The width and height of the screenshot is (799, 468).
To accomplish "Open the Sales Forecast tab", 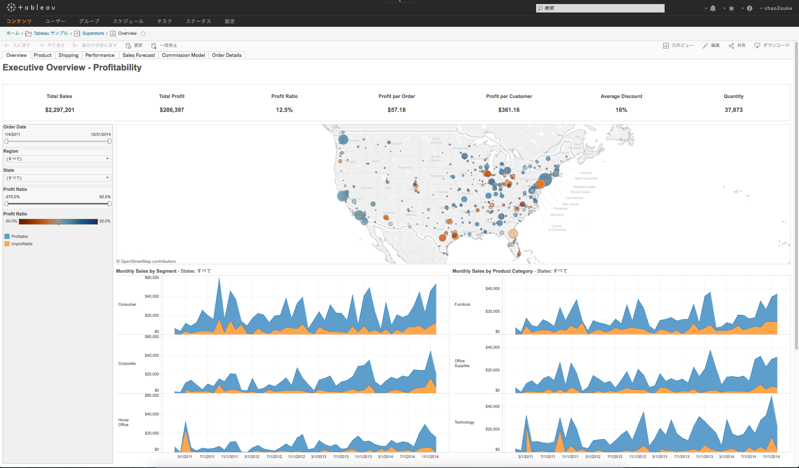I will point(138,55).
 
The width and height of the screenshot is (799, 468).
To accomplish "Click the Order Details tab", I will point(227,55).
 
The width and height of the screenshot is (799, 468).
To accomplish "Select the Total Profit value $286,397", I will point(172,110).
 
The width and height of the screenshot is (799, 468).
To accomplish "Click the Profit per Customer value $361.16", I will point(509,110).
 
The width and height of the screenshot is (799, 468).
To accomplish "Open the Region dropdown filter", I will point(57,159).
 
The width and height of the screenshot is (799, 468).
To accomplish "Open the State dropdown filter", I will point(57,178).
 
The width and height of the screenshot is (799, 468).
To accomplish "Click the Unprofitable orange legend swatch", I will point(7,244).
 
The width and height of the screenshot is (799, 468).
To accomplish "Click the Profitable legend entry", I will point(19,236).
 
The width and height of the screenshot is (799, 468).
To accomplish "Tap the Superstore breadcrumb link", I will point(93,33).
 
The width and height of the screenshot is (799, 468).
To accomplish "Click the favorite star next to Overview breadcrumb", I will point(143,33).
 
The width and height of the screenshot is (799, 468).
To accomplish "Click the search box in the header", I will point(600,8).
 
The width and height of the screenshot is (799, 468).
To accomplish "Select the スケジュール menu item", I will point(128,21).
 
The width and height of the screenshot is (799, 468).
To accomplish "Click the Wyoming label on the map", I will point(405,167).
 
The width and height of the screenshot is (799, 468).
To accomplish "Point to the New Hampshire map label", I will point(586,178).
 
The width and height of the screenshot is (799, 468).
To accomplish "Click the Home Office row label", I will point(123,422).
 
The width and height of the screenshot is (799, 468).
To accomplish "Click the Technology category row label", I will point(464,422).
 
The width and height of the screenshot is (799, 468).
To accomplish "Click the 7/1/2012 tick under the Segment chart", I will point(274,457).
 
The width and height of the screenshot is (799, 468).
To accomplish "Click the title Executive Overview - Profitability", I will point(72,68).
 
